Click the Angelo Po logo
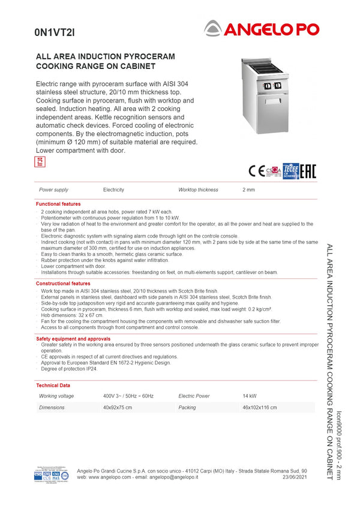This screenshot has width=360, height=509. (x=262, y=28)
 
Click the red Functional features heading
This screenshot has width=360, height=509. (x=58, y=204)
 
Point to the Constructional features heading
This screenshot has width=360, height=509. (x=63, y=284)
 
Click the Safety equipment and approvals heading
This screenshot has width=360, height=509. (x=73, y=339)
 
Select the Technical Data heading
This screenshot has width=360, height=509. (x=53, y=385)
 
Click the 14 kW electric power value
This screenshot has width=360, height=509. (x=250, y=396)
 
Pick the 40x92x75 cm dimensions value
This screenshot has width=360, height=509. (x=118, y=408)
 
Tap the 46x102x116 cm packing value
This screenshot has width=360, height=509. (x=260, y=408)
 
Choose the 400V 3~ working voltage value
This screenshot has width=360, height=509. (x=128, y=396)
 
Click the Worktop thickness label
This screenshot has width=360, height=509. (x=198, y=190)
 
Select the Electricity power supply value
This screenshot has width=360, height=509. (x=113, y=190)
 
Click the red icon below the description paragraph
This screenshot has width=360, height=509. (x=40, y=161)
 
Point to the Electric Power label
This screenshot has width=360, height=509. (x=194, y=396)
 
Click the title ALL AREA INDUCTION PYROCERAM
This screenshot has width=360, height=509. (x=106, y=56)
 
